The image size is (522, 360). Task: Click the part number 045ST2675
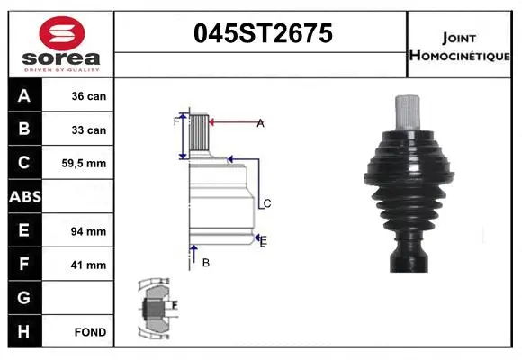(264, 33)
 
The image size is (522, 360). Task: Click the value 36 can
(89, 96)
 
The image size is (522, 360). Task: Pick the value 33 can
(89, 130)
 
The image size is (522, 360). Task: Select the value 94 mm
(89, 231)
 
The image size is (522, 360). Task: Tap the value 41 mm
(89, 265)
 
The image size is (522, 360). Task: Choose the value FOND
(91, 332)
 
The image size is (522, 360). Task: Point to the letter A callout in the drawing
(260, 123)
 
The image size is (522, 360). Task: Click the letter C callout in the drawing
(266, 204)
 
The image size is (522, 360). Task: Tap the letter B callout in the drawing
(205, 263)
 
